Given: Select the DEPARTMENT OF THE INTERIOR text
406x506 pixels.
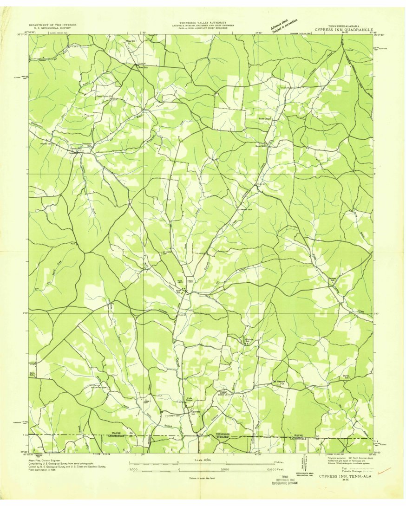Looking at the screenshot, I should [x=52, y=25].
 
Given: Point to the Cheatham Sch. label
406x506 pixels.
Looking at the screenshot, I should [x=88, y=144].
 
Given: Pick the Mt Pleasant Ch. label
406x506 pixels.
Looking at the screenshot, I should [x=281, y=383].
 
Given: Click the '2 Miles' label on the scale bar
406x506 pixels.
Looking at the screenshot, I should [x=279, y=463].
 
